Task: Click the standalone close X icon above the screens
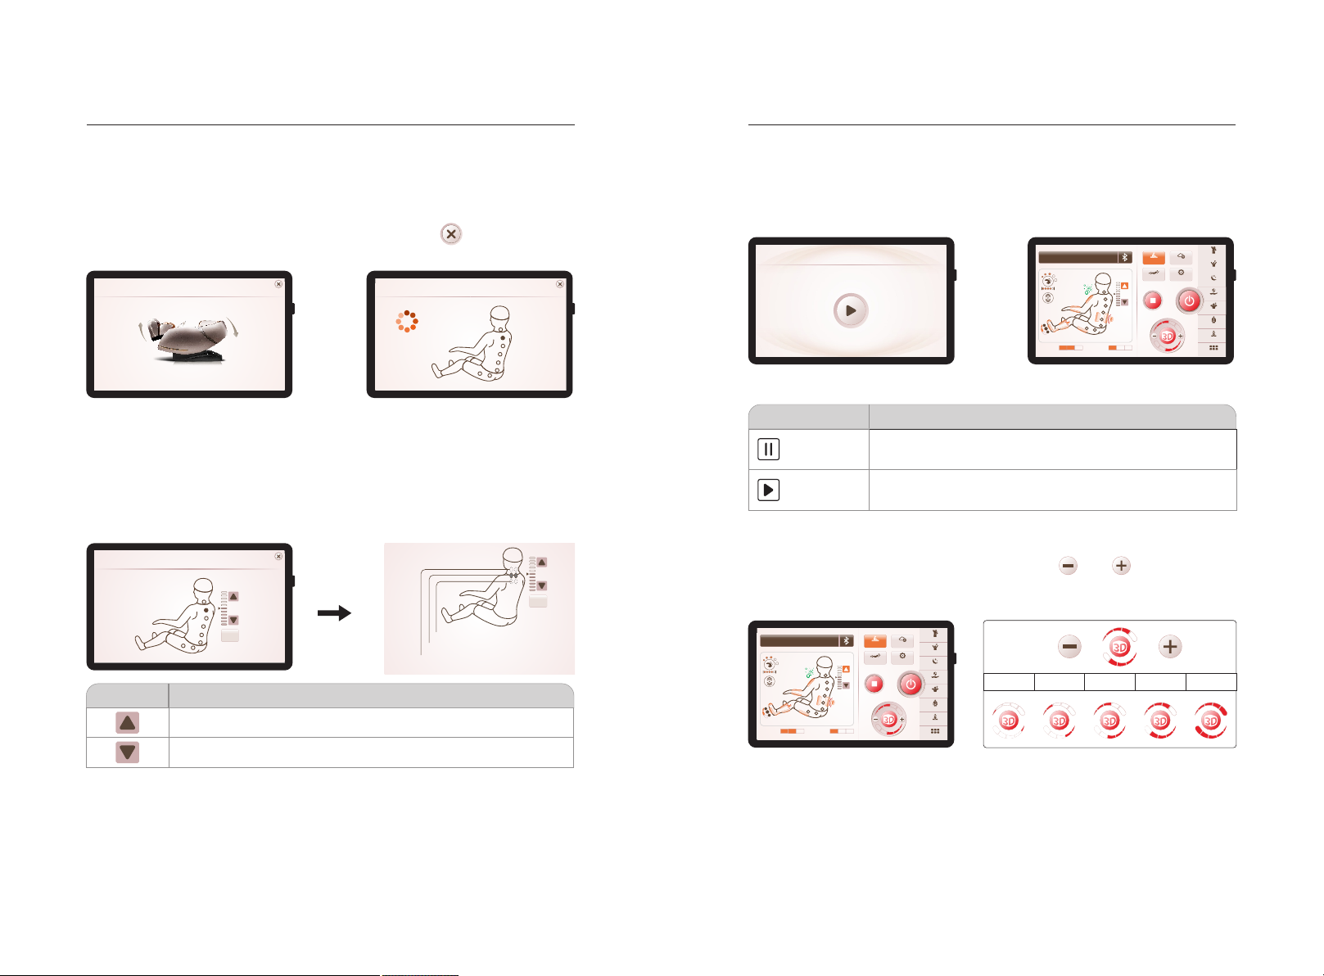[x=451, y=234]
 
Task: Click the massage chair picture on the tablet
[x=188, y=339]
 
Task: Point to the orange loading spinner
[x=407, y=322]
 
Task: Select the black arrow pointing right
[x=335, y=613]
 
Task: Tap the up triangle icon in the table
[x=127, y=722]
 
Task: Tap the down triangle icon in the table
[x=127, y=752]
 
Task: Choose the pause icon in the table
[x=768, y=450]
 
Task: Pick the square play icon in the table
[x=768, y=490]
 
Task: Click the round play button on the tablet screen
[x=851, y=310]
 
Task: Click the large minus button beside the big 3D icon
[x=1069, y=647]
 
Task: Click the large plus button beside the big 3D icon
[x=1170, y=647]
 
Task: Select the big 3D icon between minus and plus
[x=1119, y=647]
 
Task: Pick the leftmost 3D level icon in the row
[x=1009, y=721]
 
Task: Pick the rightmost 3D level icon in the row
[x=1210, y=721]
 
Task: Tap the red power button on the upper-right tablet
[x=1189, y=300]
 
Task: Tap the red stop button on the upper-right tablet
[x=1152, y=300]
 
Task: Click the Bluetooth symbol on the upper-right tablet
[x=1125, y=257]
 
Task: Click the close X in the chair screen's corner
[x=278, y=284]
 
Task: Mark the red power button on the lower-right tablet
[x=911, y=685]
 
